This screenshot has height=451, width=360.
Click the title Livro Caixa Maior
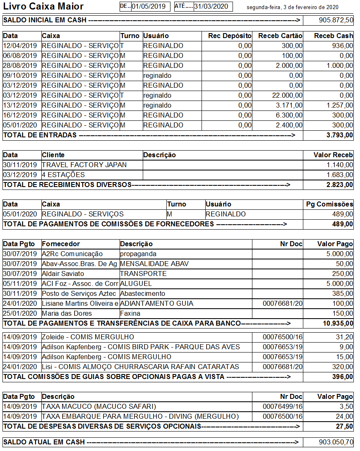click(x=43, y=7)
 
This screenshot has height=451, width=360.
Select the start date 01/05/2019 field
click(x=149, y=7)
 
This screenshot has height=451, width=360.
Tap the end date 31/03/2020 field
click(x=211, y=7)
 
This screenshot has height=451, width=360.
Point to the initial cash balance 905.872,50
click(x=336, y=20)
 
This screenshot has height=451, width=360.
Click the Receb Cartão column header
click(x=280, y=36)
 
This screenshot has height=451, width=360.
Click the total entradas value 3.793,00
click(x=340, y=135)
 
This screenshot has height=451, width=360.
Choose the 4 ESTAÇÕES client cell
click(x=63, y=175)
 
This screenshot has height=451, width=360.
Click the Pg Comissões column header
click(x=329, y=204)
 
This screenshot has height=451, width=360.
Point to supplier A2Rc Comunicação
click(x=72, y=254)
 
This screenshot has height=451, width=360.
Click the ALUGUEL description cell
click(x=136, y=283)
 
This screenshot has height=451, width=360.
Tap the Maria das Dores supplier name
click(x=67, y=313)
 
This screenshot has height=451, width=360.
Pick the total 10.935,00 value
click(x=338, y=323)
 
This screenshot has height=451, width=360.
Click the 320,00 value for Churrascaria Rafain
click(x=345, y=367)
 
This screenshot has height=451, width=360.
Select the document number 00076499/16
click(x=283, y=406)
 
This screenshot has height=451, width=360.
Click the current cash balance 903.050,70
click(x=336, y=442)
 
